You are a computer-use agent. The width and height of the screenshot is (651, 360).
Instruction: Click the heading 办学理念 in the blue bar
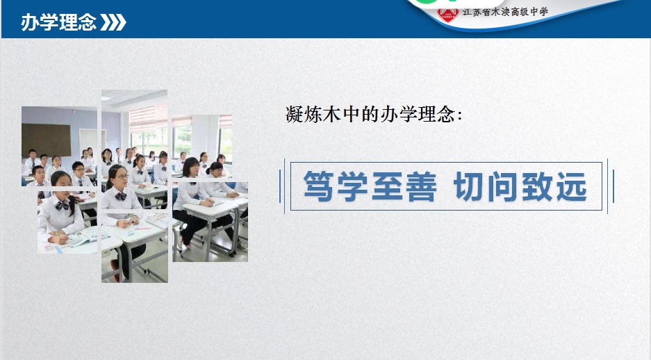tap(58, 22)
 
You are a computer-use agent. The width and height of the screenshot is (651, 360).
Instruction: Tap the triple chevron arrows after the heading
tap(113, 22)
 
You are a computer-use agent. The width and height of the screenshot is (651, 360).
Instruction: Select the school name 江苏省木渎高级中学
tap(505, 11)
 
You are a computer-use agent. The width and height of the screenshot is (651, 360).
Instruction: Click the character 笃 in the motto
tap(318, 186)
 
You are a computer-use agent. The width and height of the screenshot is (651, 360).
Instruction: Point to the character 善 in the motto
tap(420, 186)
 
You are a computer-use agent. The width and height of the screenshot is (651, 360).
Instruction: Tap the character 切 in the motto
tap(470, 186)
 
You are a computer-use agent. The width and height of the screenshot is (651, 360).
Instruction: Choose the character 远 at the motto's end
tap(571, 186)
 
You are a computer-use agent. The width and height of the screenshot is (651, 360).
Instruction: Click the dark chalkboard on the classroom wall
tap(46, 140)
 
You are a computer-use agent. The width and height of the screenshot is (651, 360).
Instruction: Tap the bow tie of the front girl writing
tap(63, 206)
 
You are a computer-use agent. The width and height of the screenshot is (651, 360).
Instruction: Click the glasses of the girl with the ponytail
tap(120, 176)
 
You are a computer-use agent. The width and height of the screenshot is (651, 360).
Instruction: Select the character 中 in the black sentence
tap(352, 114)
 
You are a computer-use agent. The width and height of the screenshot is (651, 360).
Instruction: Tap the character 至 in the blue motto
tap(386, 186)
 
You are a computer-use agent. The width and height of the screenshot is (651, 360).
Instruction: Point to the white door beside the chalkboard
tap(88, 141)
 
